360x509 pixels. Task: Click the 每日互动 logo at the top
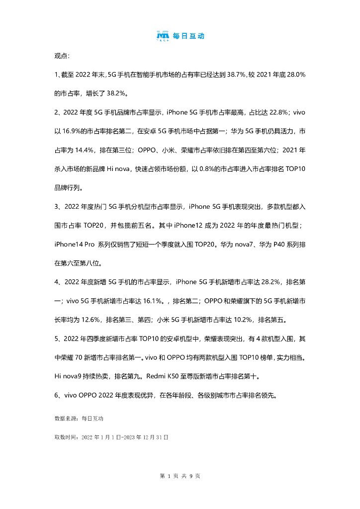pyautogui.click(x=180, y=36)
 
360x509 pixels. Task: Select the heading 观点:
pyautogui.click(x=62, y=55)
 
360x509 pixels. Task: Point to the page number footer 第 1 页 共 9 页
pyautogui.click(x=180, y=476)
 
